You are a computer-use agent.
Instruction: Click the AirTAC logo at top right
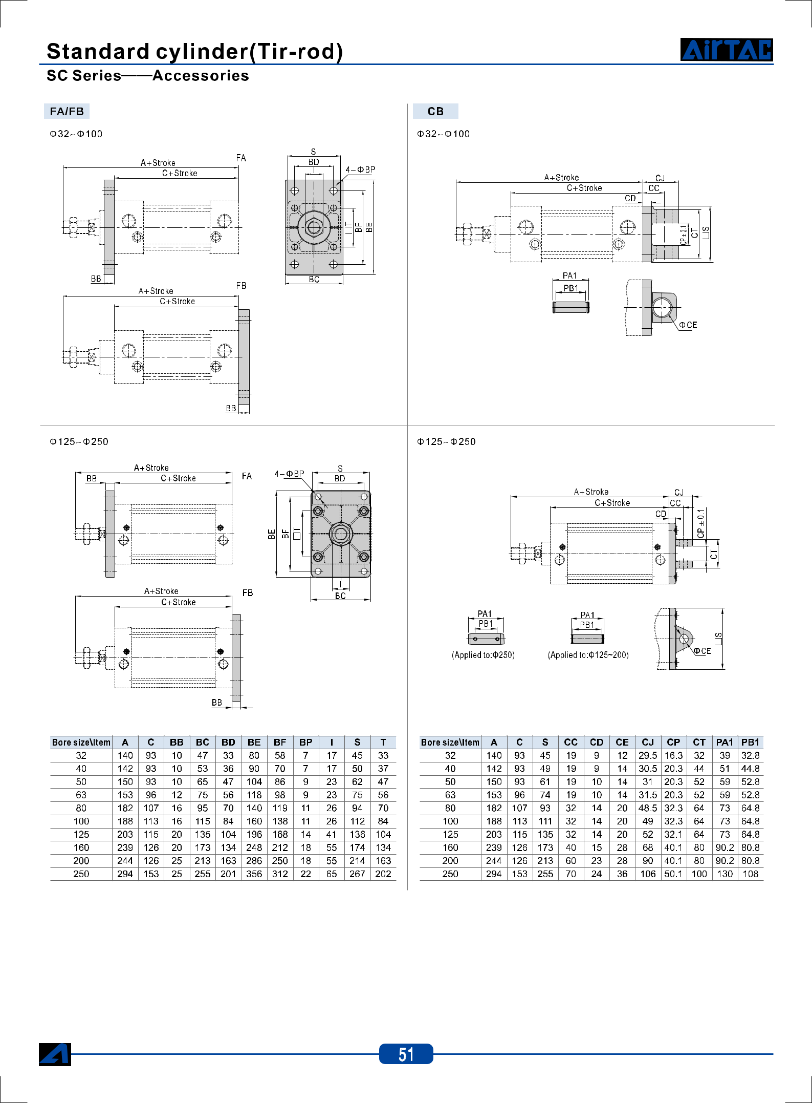727,50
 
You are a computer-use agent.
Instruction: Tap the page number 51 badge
406,1054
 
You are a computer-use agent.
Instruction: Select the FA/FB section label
67,111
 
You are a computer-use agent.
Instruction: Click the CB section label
435,111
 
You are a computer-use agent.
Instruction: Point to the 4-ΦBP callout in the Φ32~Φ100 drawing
360,169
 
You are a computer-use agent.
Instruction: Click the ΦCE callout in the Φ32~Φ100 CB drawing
688,325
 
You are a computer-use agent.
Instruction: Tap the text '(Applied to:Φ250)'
483,655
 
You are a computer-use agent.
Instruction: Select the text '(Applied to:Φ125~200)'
588,655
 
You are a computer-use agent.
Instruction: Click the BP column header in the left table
306,742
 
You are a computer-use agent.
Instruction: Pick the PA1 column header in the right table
725,742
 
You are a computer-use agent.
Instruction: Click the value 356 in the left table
254,874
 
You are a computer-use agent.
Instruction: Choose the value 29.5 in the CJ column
648,755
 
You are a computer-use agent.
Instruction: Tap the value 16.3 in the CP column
673,755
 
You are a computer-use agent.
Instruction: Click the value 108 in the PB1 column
751,874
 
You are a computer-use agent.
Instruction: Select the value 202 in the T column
383,874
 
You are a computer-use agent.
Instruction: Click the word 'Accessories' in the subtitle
201,76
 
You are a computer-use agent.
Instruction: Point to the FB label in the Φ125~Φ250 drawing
248,593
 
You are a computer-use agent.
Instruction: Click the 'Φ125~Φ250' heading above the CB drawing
446,441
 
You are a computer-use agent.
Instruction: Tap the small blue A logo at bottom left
55,1054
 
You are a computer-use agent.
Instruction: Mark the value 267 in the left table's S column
357,874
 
